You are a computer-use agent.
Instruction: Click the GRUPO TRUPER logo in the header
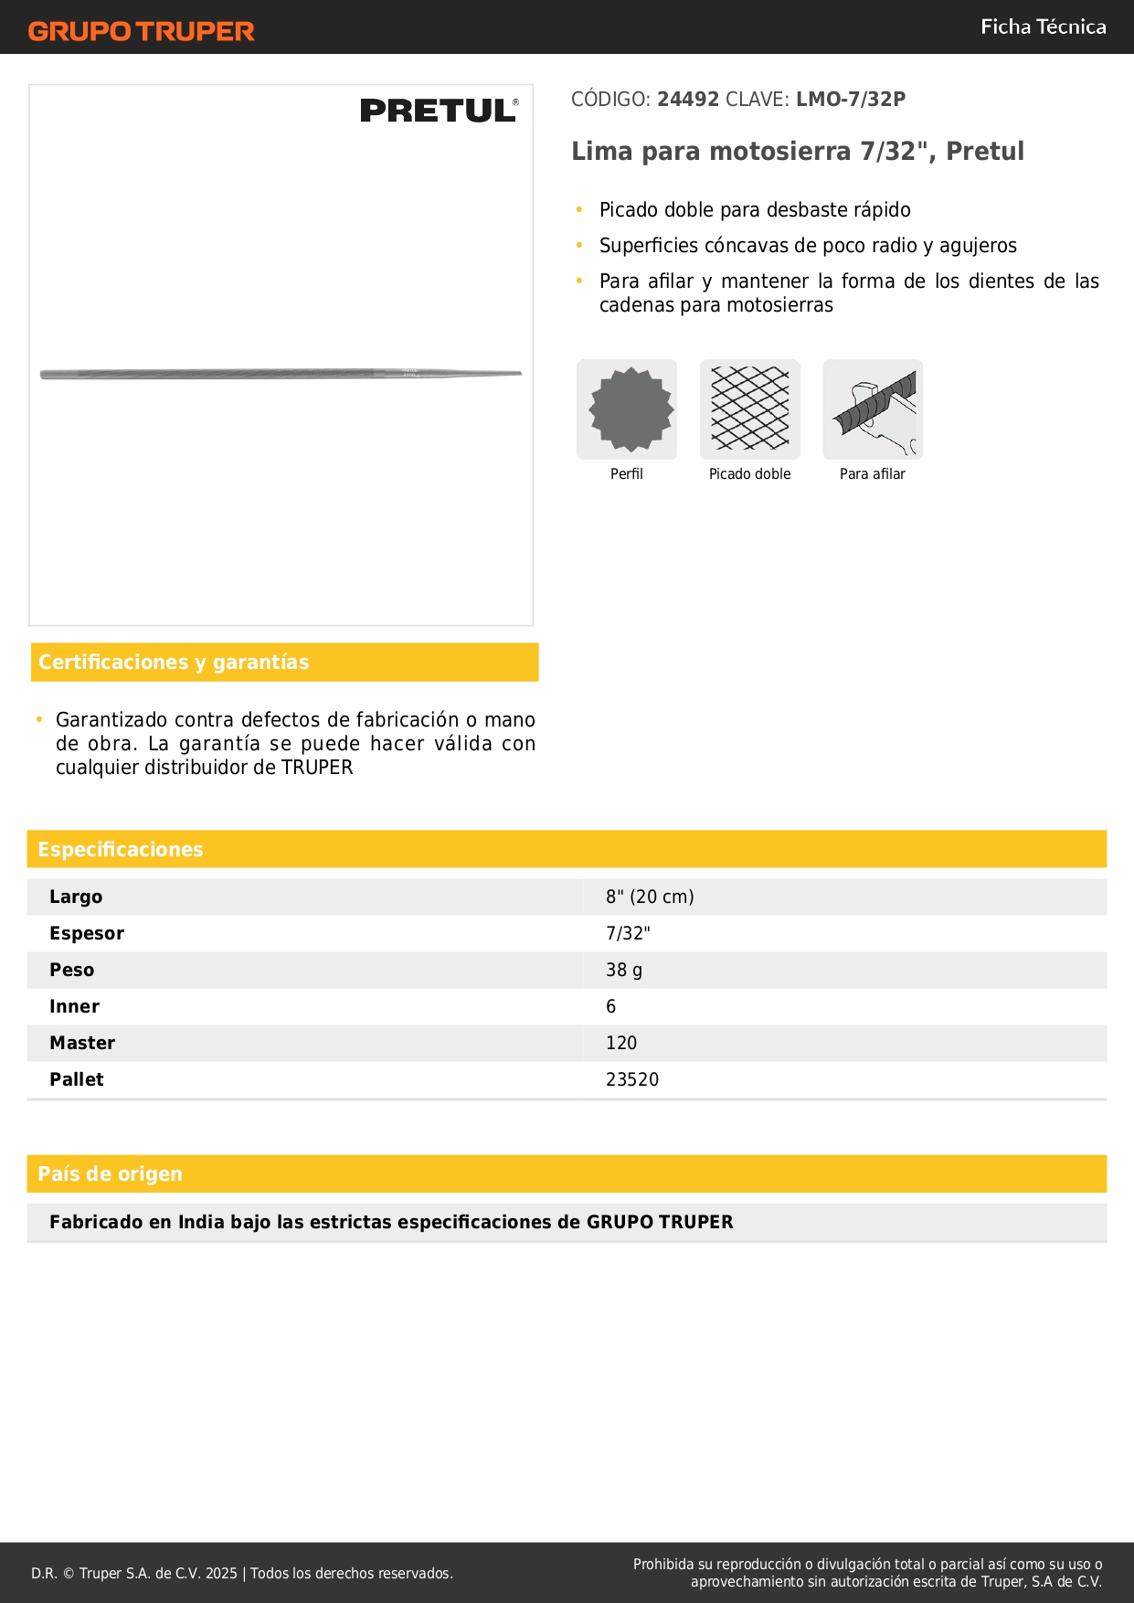[141, 31]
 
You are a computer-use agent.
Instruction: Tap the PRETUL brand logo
[439, 111]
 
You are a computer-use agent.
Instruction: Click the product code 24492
[688, 100]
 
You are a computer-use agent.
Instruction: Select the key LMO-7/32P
[851, 100]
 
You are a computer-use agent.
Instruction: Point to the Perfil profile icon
[627, 409]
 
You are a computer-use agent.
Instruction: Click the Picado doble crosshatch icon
[749, 409]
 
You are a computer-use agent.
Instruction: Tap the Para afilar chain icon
[873, 409]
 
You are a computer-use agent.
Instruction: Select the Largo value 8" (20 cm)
[650, 897]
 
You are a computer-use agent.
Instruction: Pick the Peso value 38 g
[624, 970]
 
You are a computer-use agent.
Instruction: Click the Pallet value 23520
[632, 1079]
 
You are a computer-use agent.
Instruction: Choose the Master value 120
[621, 1043]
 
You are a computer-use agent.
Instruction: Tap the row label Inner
[74, 1006]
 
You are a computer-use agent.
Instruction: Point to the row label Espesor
[87, 933]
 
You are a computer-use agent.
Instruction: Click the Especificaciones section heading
[121, 849]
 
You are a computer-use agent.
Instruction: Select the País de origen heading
[110, 1173]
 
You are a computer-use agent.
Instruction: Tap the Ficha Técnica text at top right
[1043, 27]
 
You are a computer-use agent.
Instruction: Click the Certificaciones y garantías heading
[174, 662]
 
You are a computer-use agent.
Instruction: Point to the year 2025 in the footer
[221, 1573]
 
